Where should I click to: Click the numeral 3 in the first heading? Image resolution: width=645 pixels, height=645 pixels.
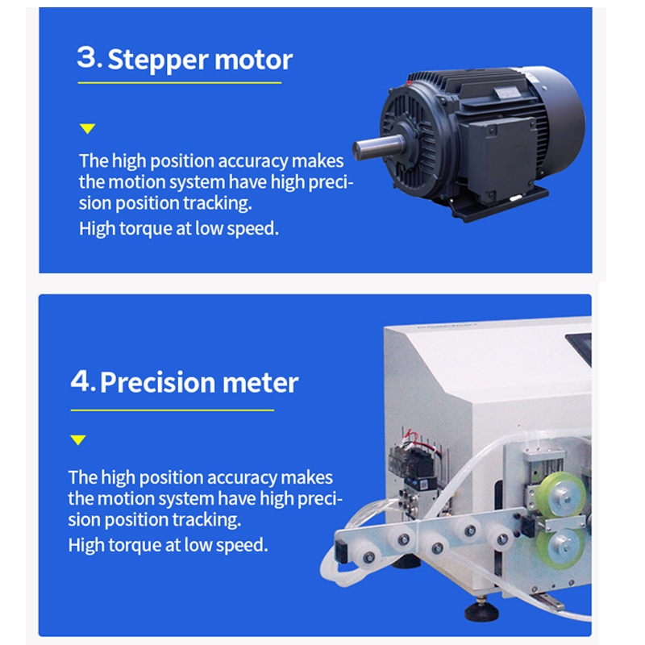pyautogui.click(x=87, y=57)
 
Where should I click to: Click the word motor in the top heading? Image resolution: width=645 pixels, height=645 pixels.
pyautogui.click(x=253, y=60)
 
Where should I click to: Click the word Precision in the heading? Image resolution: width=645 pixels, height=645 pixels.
pyautogui.click(x=157, y=382)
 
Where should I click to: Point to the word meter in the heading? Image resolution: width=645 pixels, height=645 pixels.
pyautogui.click(x=260, y=384)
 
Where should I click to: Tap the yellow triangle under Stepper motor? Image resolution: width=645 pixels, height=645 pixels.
pyautogui.click(x=87, y=129)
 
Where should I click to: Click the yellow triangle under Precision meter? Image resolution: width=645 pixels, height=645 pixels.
pyautogui.click(x=77, y=439)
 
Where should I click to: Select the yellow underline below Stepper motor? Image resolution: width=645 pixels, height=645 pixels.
pyautogui.click(x=180, y=83)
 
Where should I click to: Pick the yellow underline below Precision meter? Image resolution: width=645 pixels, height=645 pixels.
pyautogui.click(x=173, y=410)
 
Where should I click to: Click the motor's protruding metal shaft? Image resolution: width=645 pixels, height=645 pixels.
pyautogui.click(x=378, y=147)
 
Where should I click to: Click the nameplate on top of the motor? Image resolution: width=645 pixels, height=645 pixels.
pyautogui.click(x=507, y=92)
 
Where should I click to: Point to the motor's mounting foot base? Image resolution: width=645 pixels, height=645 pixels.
pyautogui.click(x=500, y=205)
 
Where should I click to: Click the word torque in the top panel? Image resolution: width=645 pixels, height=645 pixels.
pyautogui.click(x=146, y=229)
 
